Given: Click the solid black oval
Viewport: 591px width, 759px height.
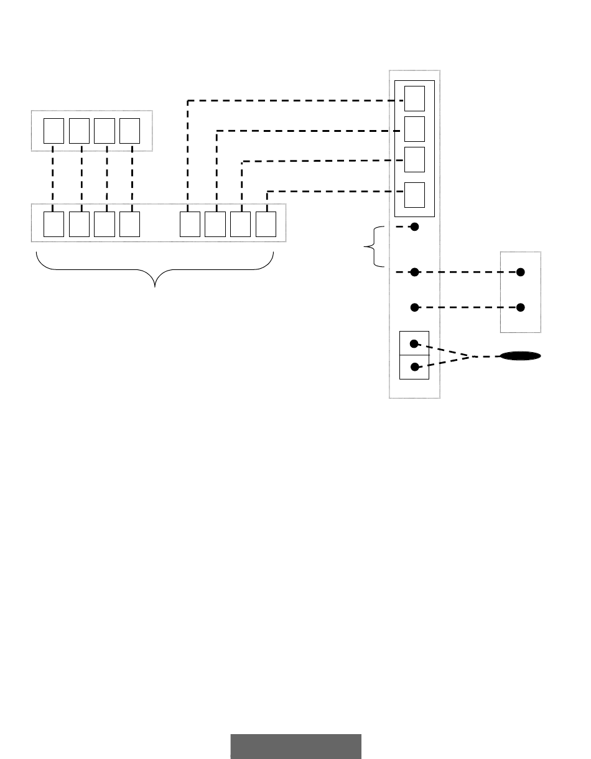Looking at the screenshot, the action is click(x=520, y=356).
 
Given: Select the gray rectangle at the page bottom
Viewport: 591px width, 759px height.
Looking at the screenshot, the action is click(x=295, y=746).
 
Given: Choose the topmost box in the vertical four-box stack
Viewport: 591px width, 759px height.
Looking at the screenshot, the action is click(x=414, y=98).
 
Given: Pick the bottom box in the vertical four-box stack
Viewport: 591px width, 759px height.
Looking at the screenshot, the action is click(x=414, y=195).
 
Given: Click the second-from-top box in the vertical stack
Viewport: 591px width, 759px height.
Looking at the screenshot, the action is click(x=414, y=129).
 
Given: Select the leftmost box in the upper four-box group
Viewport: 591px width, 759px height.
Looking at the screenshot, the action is click(x=54, y=131).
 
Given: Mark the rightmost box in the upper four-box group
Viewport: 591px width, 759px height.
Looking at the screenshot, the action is click(x=129, y=131).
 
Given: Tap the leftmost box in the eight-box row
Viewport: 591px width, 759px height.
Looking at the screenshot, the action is click(x=54, y=224).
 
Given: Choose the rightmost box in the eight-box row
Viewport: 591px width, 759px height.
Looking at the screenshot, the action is click(x=266, y=224).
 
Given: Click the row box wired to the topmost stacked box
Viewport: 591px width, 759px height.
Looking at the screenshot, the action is click(x=190, y=224).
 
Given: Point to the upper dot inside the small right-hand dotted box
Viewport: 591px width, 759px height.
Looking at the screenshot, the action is click(x=521, y=272).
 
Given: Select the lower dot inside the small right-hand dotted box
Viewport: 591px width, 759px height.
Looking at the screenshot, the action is click(x=521, y=307).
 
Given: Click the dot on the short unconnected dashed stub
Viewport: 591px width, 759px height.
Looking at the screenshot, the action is click(x=415, y=227).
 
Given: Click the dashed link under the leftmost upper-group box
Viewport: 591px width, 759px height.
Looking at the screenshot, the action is click(x=54, y=177).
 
